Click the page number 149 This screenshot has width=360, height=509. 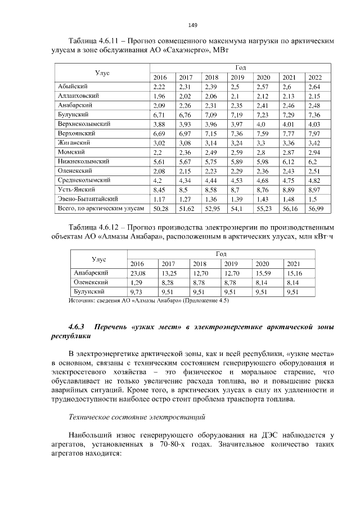point(192,25)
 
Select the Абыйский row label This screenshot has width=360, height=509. point(72,87)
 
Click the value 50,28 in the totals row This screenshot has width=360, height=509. point(161,208)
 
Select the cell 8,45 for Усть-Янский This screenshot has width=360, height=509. point(159,190)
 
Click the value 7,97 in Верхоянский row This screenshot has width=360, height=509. point(314,133)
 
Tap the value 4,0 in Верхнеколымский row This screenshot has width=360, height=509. point(261,124)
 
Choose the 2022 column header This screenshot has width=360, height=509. point(314,77)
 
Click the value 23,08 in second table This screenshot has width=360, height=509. point(138,273)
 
